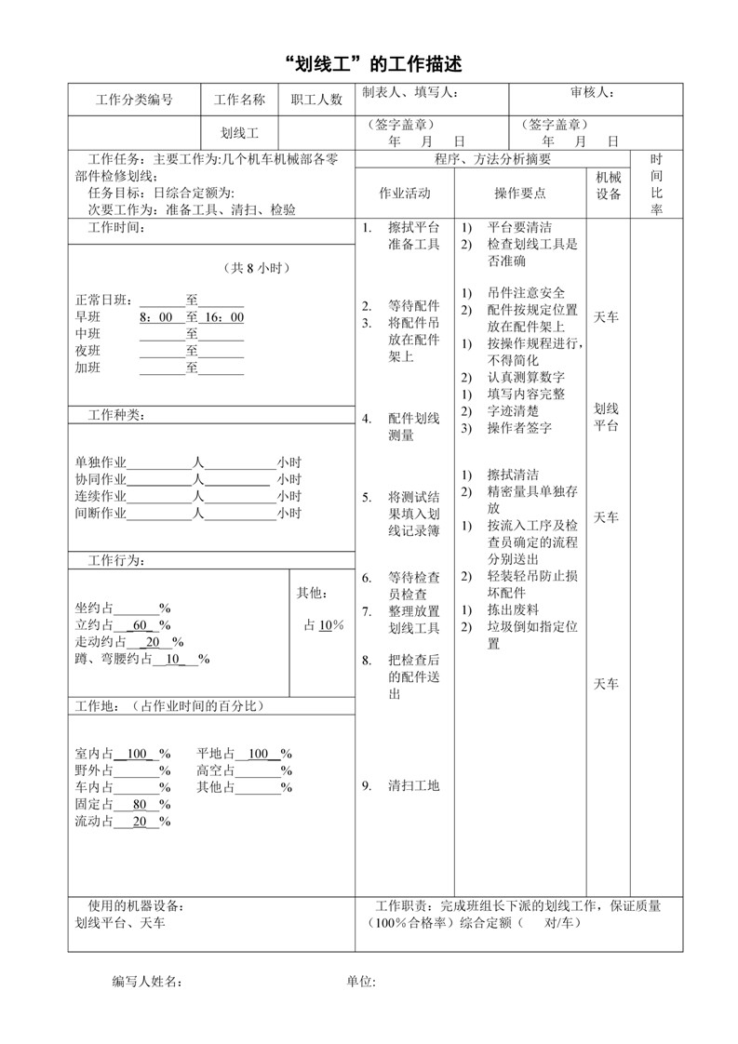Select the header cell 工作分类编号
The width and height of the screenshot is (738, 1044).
[x=134, y=100]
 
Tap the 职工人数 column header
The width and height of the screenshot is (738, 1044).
[x=316, y=100]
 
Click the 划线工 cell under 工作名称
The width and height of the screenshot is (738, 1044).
[x=239, y=133]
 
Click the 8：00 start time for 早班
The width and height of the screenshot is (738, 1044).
[x=156, y=317]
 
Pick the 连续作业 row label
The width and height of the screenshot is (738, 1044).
[x=101, y=496]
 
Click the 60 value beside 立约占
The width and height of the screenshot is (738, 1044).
[x=141, y=625]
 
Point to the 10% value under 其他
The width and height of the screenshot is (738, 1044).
[x=326, y=625]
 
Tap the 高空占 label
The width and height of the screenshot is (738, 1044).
[x=215, y=770]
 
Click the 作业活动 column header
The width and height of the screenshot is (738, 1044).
[x=405, y=193]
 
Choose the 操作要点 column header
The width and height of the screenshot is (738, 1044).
[x=519, y=193]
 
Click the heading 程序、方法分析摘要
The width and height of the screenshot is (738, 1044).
[x=493, y=159]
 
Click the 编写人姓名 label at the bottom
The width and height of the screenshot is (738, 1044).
[x=147, y=981]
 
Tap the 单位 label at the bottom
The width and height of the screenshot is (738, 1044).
[x=360, y=981]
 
